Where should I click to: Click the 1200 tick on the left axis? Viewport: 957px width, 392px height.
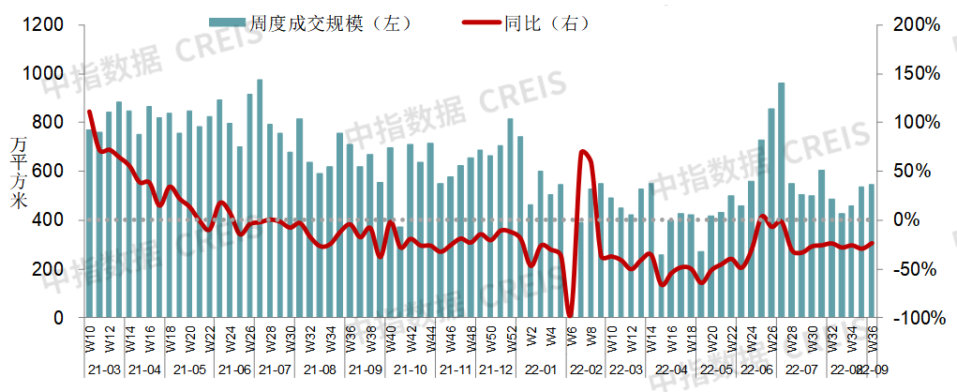point(45,24)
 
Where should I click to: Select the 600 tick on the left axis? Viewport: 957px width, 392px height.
point(50,172)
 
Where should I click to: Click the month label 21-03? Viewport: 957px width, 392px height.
point(103,370)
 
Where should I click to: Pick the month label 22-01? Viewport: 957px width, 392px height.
point(542,370)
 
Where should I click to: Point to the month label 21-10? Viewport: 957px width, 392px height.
point(411,370)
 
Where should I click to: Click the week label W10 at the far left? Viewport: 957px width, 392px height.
point(91,337)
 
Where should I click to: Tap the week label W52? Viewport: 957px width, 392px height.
point(511,337)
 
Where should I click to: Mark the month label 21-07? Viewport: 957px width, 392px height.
point(278,370)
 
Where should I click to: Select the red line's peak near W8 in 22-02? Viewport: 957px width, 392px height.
point(583,151)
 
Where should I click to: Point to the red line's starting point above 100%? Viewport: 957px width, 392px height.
point(90,112)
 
